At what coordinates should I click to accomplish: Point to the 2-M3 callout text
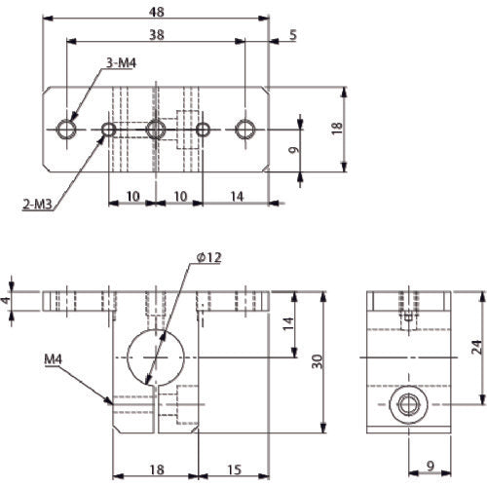pos(34,205)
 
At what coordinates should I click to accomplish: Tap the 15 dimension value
pos(235,468)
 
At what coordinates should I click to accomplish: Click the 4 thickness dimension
pos(7,300)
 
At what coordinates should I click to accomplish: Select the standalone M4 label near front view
pos(56,358)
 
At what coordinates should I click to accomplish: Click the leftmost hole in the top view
pos(66,129)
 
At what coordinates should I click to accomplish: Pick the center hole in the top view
pos(154,129)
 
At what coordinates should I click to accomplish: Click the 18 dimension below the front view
pos(156,468)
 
